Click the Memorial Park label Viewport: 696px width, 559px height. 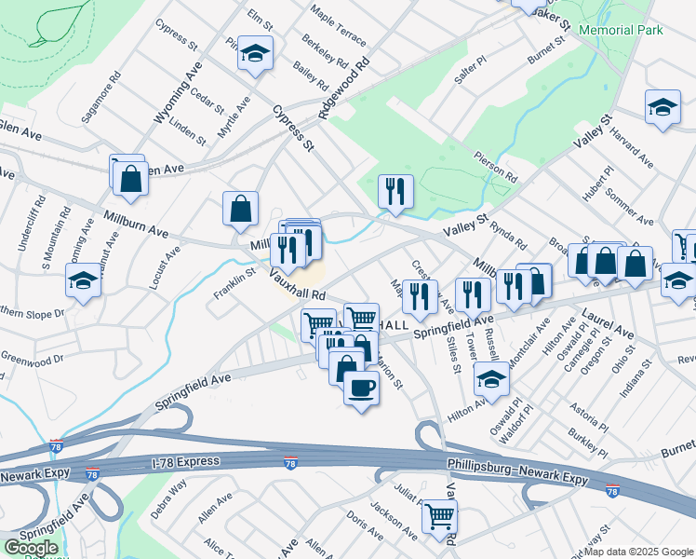tap(621, 30)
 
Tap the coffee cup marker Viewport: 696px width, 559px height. tap(361, 387)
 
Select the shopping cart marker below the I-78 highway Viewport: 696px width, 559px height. tap(439, 516)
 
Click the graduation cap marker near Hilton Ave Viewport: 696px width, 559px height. tap(491, 378)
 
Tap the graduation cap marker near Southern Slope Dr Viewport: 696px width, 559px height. tap(83, 280)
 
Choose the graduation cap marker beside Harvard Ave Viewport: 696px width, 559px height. tap(663, 107)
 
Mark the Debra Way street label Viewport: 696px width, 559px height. tap(168, 493)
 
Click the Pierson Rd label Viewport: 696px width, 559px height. tap(494, 168)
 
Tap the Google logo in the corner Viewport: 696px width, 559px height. tap(31, 548)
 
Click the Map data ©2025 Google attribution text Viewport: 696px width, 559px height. tap(638, 551)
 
